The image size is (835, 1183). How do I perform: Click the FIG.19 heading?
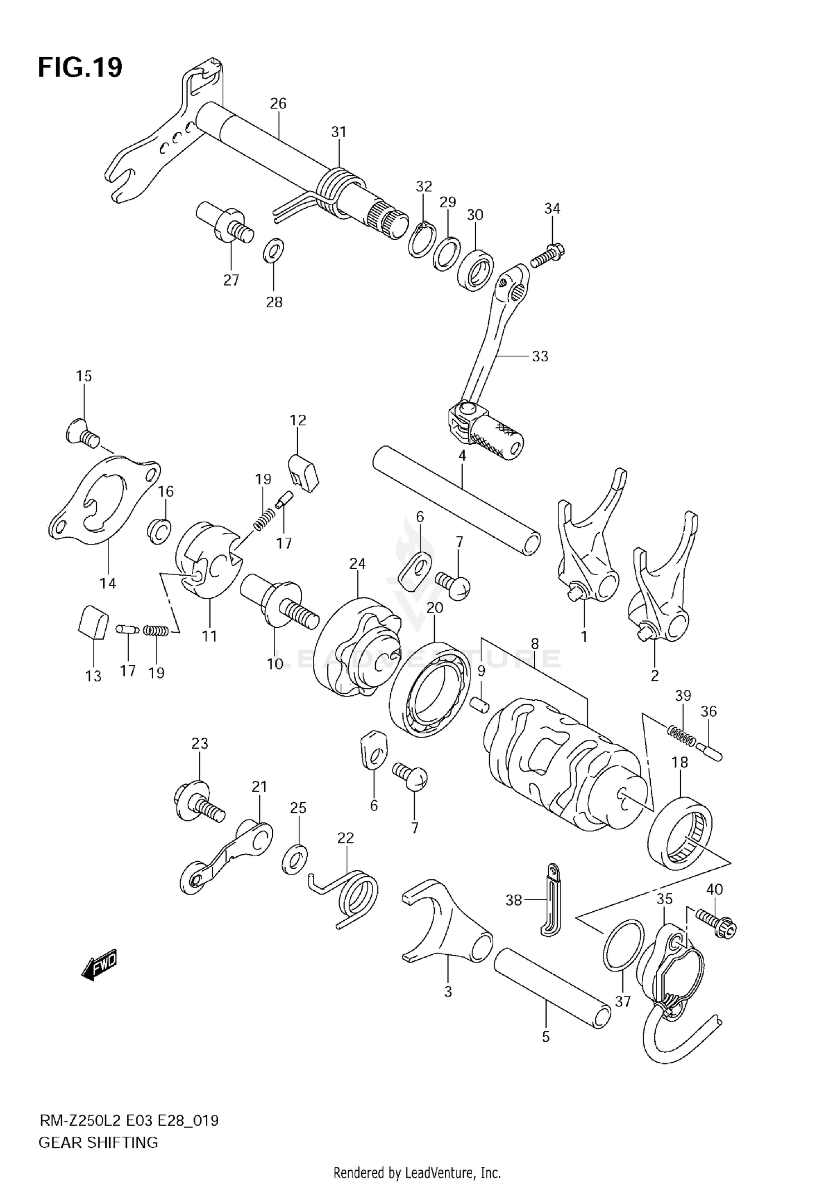point(80,68)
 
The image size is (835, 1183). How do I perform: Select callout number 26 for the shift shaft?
point(278,104)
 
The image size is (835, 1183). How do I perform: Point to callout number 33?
point(540,356)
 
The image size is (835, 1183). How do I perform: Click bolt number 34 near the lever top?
point(547,255)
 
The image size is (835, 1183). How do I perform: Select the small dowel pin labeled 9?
point(480,704)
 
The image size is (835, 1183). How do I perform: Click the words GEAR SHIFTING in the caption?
point(99,1142)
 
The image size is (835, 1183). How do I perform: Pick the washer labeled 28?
point(273,251)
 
